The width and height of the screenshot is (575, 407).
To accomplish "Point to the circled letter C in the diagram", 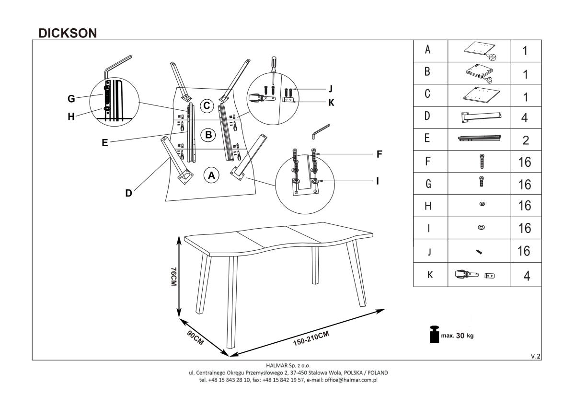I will coord(207,106).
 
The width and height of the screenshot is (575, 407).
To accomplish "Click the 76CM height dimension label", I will coord(173,277).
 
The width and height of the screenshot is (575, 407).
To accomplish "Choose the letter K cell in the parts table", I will coord(429,275).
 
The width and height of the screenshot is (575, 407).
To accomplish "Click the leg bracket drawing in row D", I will coord(481,116).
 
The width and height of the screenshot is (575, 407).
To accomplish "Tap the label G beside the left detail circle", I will coord(71,99).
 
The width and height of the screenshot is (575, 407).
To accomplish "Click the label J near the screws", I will coord(330,88).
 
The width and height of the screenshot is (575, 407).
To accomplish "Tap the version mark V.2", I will coord(536,356).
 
